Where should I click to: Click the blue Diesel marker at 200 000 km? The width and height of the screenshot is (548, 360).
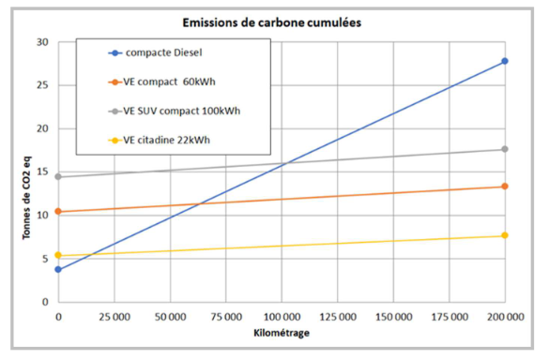[x=505, y=61]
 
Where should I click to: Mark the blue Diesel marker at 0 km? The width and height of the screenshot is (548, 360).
[x=58, y=269]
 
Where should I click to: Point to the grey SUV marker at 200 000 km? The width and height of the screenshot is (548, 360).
[x=505, y=149]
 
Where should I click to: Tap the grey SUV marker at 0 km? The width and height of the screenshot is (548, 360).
[x=58, y=176]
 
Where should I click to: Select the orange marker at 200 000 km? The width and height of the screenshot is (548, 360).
[x=505, y=187]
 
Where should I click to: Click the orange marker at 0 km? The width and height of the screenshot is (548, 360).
[x=58, y=211]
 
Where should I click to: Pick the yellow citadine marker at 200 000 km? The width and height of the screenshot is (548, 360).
[x=505, y=235]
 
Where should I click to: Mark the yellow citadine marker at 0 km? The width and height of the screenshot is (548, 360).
[x=58, y=255]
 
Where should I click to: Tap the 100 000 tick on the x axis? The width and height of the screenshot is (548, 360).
[x=282, y=317]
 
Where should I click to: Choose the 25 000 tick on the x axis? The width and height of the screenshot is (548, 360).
[x=114, y=317]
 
